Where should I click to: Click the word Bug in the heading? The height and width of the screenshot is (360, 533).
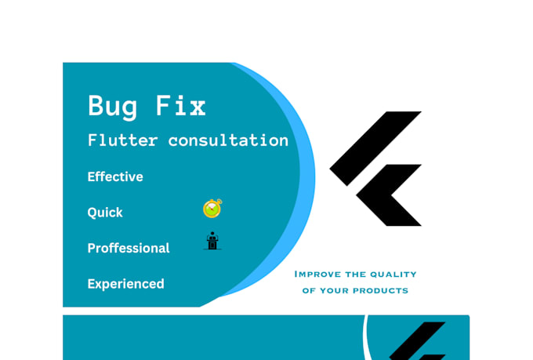click(x=111, y=106)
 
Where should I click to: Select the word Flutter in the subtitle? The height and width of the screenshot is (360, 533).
click(x=122, y=140)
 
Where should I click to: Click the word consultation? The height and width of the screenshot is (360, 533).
click(x=228, y=140)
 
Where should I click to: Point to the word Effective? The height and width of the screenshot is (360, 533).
click(x=115, y=176)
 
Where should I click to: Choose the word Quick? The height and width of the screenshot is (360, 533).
click(x=105, y=213)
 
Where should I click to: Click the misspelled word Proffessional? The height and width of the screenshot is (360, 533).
click(x=128, y=248)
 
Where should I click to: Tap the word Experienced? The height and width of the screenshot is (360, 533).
click(x=125, y=284)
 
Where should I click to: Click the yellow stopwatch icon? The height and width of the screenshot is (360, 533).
click(x=212, y=209)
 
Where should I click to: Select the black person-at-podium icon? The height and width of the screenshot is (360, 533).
click(x=212, y=241)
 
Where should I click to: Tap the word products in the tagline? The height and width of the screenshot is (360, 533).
click(x=381, y=290)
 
